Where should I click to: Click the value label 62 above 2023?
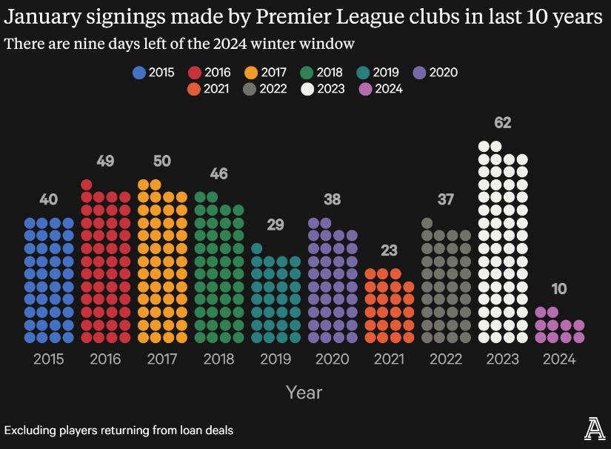tap(503, 122)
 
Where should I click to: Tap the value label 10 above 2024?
tap(559, 289)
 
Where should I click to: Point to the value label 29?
tap(276, 224)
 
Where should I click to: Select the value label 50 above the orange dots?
tap(161, 161)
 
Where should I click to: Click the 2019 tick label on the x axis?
tap(276, 359)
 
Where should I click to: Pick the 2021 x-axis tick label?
tap(389, 359)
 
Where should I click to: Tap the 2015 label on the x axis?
tap(49, 359)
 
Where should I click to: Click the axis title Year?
tap(304, 392)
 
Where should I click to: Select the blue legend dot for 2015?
tap(138, 73)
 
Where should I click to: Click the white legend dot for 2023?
tap(307, 89)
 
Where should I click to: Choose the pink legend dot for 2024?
tap(364, 89)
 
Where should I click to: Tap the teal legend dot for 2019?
tap(363, 73)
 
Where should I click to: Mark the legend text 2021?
tap(216, 89)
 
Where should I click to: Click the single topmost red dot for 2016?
tap(87, 185)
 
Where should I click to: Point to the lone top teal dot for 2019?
tap(257, 249)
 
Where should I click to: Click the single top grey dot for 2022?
tap(427, 223)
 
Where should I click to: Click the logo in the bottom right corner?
tap(594, 428)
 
